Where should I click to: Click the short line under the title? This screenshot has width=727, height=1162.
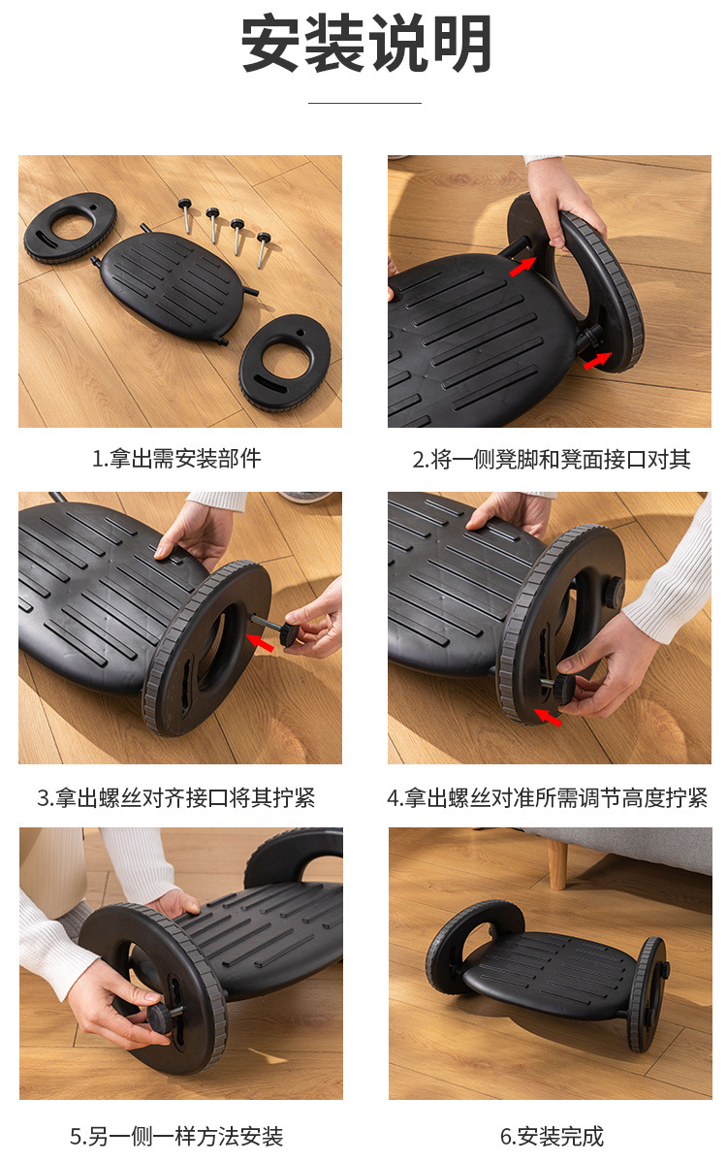pyautogui.click(x=364, y=102)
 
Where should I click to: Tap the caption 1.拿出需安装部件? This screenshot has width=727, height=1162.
pyautogui.click(x=176, y=459)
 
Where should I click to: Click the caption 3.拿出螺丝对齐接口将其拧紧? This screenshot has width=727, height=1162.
pyautogui.click(x=176, y=798)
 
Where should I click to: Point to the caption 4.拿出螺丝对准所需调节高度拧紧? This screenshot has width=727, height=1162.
pyautogui.click(x=548, y=798)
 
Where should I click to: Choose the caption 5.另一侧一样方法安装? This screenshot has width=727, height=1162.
pyautogui.click(x=176, y=1136)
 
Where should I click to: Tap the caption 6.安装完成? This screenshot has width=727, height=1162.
pyautogui.click(x=552, y=1136)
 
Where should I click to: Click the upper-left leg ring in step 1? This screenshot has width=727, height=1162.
pyautogui.click(x=70, y=226)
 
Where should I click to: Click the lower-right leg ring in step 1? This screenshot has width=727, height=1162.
pyautogui.click(x=286, y=360)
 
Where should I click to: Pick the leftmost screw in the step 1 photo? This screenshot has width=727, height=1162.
pyautogui.click(x=185, y=212)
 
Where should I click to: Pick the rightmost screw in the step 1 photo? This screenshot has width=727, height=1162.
pyautogui.click(x=263, y=246)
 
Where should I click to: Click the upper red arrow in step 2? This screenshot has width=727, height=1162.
pyautogui.click(x=522, y=265)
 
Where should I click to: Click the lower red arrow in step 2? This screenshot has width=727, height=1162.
pyautogui.click(x=597, y=361)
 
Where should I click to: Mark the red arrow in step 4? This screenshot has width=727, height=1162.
pyautogui.click(x=548, y=718)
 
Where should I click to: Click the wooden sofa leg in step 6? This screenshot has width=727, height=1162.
pyautogui.click(x=558, y=862)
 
